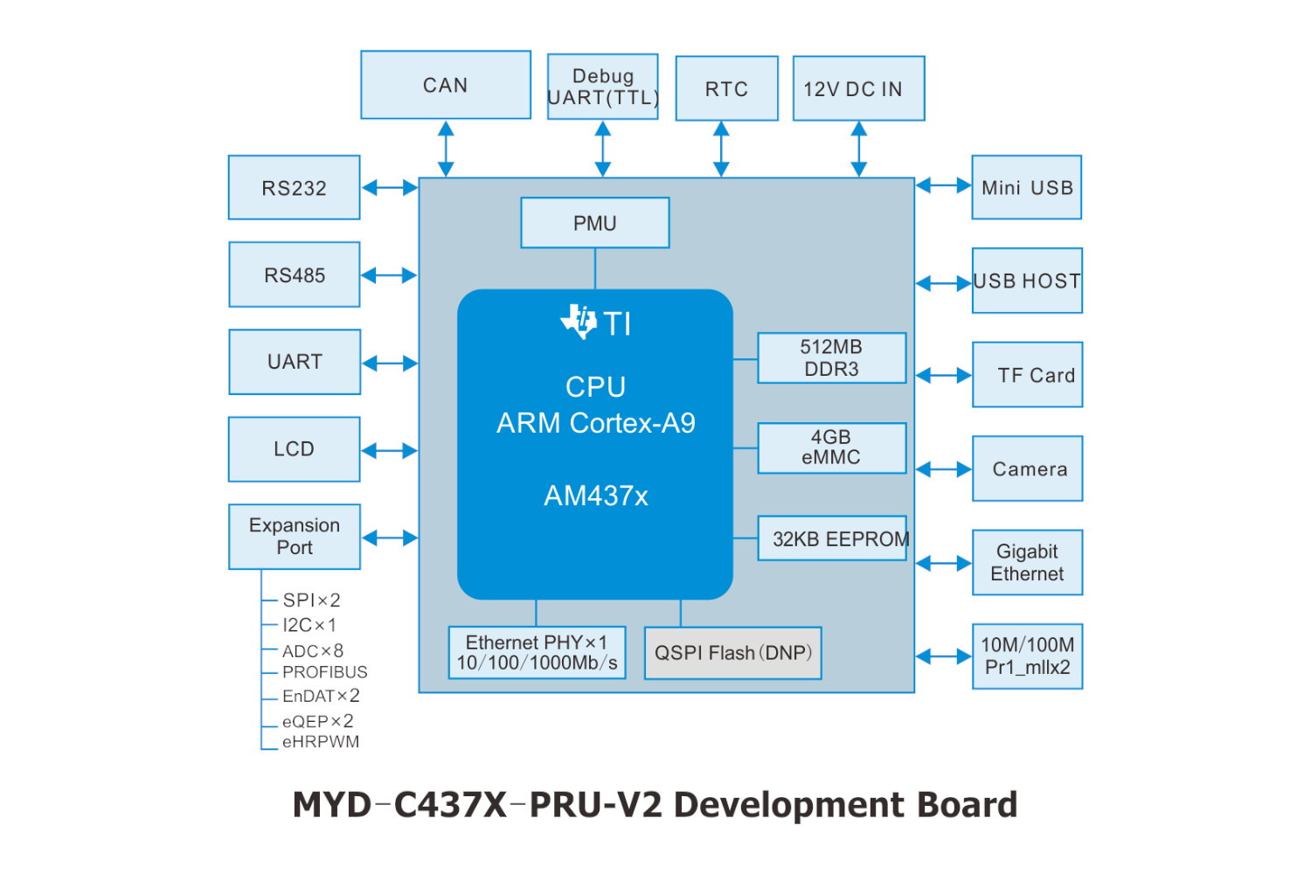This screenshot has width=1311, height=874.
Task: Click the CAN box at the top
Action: coord(446,85)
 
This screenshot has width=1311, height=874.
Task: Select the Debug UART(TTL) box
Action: coord(602,87)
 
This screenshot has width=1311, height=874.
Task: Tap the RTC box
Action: coord(726,88)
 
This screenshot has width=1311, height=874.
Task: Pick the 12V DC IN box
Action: coord(858,88)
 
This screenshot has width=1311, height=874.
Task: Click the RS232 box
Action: coord(294,187)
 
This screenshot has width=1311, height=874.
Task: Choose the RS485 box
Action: coord(294,274)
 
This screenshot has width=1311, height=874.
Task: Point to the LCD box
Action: coord(294,449)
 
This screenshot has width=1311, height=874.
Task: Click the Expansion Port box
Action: coord(294,537)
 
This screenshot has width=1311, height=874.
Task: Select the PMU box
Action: coord(594,223)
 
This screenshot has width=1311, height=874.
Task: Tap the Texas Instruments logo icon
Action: coord(579,322)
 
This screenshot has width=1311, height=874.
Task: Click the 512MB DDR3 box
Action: coord(831,357)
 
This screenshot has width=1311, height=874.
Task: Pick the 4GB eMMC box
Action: coord(831,447)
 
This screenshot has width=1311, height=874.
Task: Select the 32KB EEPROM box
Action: coord(832,538)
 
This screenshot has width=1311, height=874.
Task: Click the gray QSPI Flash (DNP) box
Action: coord(732,653)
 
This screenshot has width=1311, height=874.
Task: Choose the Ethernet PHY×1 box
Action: coord(537,653)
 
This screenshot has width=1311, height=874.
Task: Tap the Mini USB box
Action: coord(1026,187)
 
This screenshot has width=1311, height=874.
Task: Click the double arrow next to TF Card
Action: coord(944,376)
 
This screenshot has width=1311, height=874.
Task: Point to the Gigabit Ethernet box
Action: coord(1027,563)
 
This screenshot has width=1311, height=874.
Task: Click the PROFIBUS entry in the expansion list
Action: coord(324,672)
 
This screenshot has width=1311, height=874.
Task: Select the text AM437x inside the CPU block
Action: coord(596,496)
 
